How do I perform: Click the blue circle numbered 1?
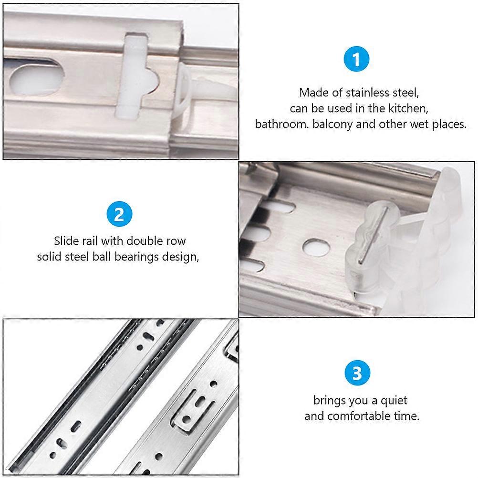[x=356, y=59]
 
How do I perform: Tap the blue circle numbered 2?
[x=119, y=214]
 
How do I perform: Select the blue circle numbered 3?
[x=357, y=373]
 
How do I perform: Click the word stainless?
[x=367, y=93]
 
